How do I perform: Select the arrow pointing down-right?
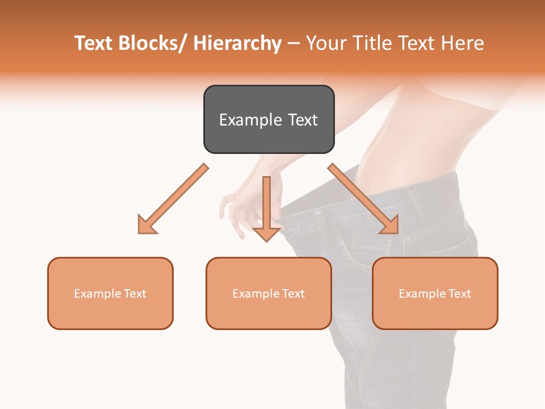click(x=363, y=199)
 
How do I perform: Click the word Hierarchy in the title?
click(x=237, y=43)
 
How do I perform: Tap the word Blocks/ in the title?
click(x=154, y=43)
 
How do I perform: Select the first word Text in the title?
click(x=94, y=43)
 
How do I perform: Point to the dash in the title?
click(x=294, y=43)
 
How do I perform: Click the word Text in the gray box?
click(x=302, y=120)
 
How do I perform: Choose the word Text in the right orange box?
click(x=459, y=294)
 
